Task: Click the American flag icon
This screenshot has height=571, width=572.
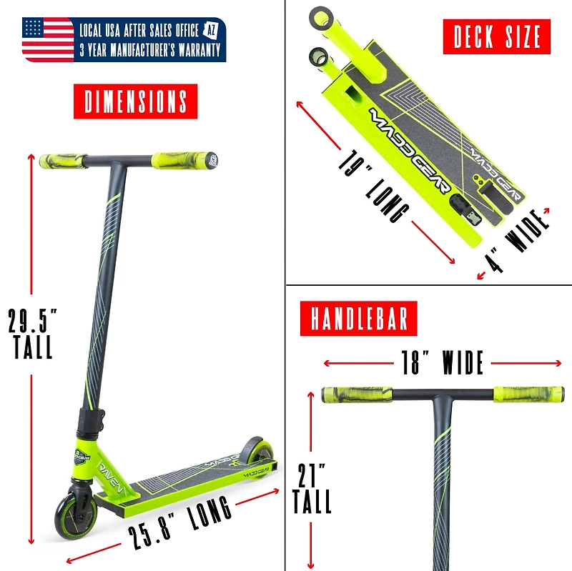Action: click(48, 39)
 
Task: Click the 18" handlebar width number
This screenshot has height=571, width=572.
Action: click(412, 362)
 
